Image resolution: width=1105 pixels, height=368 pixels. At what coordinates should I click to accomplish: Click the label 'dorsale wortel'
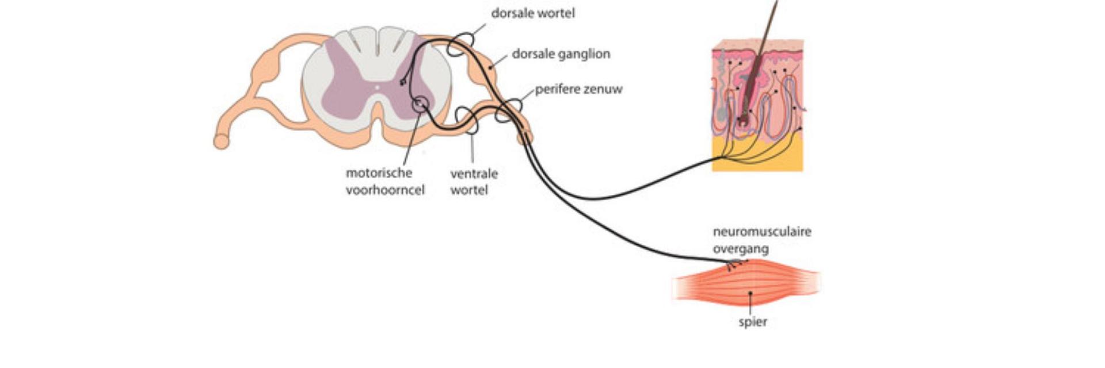click(532, 13)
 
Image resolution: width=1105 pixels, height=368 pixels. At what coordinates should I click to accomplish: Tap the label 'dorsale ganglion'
click(561, 54)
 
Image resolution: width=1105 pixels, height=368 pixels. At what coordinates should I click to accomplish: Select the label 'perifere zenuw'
click(578, 90)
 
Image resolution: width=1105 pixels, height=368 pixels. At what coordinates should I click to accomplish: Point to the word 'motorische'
click(379, 173)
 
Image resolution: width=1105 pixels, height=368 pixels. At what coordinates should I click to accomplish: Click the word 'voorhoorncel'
click(385, 190)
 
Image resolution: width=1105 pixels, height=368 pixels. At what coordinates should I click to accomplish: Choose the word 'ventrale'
click(474, 174)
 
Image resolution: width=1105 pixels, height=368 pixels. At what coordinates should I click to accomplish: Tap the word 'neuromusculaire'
click(762, 232)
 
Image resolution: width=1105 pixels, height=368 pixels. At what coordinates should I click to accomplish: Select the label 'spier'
click(753, 322)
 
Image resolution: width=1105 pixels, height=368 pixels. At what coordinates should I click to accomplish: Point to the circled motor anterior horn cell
click(421, 103)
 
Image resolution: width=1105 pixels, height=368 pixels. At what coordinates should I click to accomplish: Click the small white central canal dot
click(377, 88)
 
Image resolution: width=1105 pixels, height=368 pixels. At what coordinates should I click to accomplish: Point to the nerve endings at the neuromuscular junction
click(735, 265)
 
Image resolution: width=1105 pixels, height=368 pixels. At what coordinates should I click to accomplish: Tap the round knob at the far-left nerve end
click(221, 141)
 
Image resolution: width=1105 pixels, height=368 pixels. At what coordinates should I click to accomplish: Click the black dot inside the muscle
click(750, 293)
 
